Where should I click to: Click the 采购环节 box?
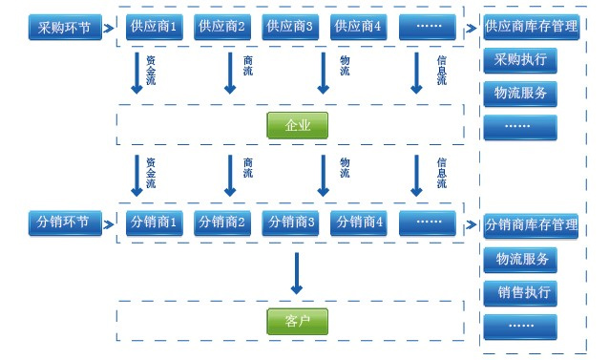pyautogui.click(x=64, y=28)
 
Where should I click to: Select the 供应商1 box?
pyautogui.click(x=154, y=26)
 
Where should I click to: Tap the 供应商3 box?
pyautogui.click(x=290, y=26)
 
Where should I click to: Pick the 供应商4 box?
pyautogui.click(x=359, y=26)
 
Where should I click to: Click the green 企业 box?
pyautogui.click(x=297, y=125)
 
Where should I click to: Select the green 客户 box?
pyautogui.click(x=297, y=322)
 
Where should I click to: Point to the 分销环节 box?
pyautogui.click(x=64, y=222)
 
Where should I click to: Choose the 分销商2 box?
pyautogui.click(x=222, y=222)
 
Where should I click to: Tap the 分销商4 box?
pyautogui.click(x=359, y=222)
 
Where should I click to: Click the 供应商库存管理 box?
pyautogui.click(x=532, y=26)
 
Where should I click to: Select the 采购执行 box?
pyautogui.click(x=520, y=59)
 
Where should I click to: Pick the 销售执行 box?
pyautogui.click(x=520, y=292)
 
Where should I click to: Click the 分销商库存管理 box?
pyautogui.click(x=532, y=225)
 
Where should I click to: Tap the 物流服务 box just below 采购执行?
pyautogui.click(x=520, y=94)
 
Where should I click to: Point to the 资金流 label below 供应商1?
pyautogui.click(x=151, y=70)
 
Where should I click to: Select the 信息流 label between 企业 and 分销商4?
pyautogui.click(x=441, y=172)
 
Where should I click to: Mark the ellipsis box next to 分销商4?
pyautogui.click(x=428, y=222)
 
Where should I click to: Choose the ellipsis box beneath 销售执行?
pyautogui.click(x=520, y=327)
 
